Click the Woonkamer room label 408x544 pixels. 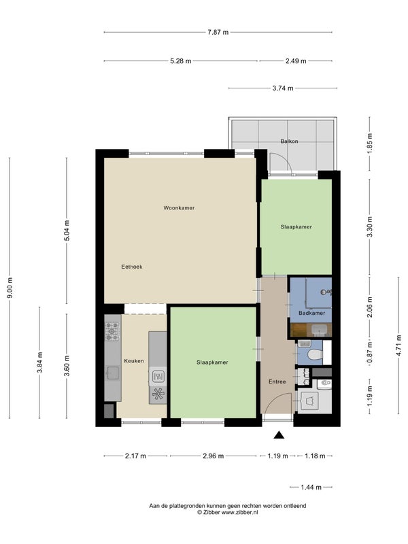[179, 208]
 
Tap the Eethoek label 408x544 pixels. [132, 267]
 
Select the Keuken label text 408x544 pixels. [134, 361]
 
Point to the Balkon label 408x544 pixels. [290, 141]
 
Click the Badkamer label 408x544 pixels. [312, 313]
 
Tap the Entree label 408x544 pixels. [277, 381]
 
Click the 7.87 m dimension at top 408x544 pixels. [218, 32]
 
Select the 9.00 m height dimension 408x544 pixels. [10, 288]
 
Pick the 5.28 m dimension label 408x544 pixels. [181, 61]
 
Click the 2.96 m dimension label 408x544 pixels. [214, 456]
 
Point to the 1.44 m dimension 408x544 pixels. [311, 487]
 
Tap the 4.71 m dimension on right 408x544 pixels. [398, 345]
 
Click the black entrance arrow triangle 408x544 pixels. [279, 435]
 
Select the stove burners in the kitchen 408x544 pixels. [112, 331]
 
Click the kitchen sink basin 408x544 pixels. [113, 373]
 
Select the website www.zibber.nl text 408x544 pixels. [239, 512]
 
